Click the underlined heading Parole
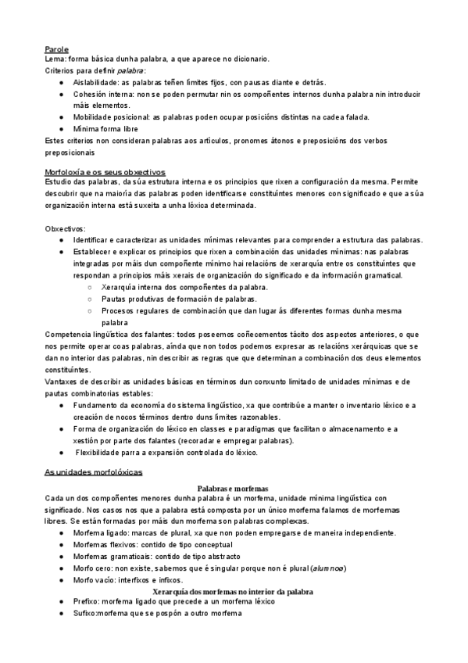pyautogui.click(x=57, y=49)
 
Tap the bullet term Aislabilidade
pyautogui.click(x=97, y=82)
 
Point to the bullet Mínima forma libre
pyautogui.click(x=107, y=128)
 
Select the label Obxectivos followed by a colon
pyautogui.click(x=66, y=228)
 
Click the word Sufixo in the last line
pyautogui.click(x=85, y=614)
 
